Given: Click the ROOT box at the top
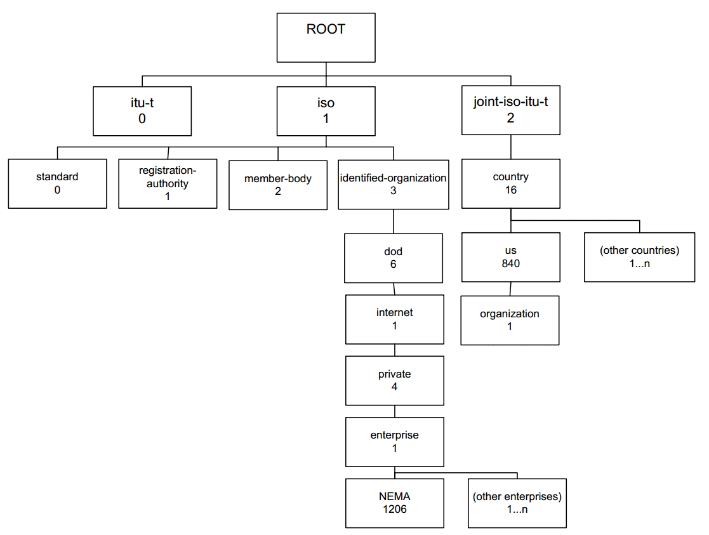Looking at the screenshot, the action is click(x=326, y=37).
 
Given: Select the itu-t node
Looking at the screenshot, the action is click(x=142, y=111).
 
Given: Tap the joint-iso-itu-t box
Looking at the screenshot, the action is click(x=511, y=110).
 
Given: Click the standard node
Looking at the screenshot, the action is click(x=57, y=183).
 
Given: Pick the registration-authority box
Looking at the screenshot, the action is click(x=168, y=183).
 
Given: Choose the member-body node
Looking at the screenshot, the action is click(x=278, y=185).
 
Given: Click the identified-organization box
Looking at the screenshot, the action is click(x=394, y=185).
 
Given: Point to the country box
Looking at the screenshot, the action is click(x=511, y=183).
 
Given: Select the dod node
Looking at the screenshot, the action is click(x=394, y=258).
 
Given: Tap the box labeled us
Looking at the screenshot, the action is click(x=511, y=257).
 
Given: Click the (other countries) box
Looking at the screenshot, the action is click(x=639, y=257).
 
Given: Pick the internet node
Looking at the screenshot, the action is click(x=395, y=319).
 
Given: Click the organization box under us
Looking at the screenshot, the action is click(x=510, y=320).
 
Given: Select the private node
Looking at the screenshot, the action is click(x=395, y=381).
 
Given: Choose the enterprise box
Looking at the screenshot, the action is click(x=395, y=442).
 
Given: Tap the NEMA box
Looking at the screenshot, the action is click(x=395, y=503).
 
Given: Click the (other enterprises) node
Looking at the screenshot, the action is click(x=517, y=503).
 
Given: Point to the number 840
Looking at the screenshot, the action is click(x=511, y=263).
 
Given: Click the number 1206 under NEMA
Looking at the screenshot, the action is click(x=395, y=509).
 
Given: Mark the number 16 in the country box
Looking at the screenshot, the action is click(x=511, y=190).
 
